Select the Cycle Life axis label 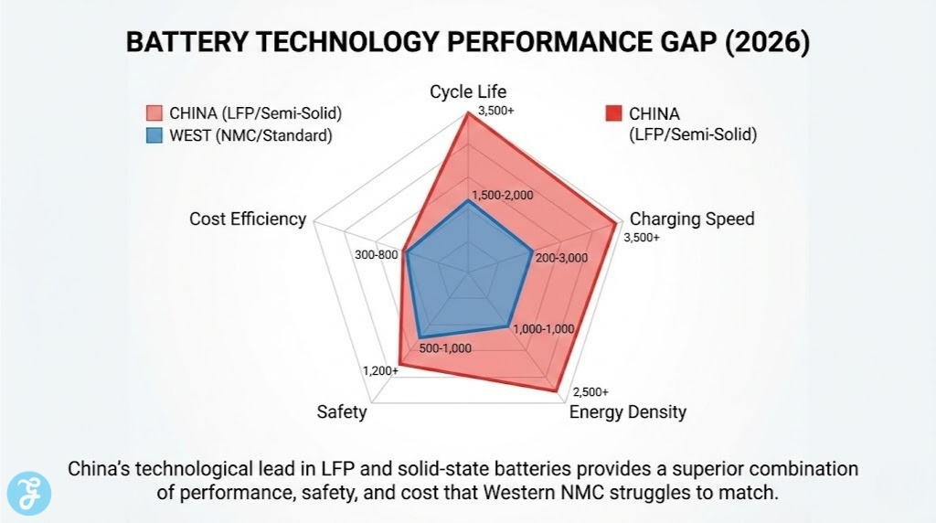(468, 91)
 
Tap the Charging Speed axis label (692, 219)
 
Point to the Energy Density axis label (627, 411)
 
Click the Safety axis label (342, 411)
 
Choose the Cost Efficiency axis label (248, 219)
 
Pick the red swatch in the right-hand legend (613, 114)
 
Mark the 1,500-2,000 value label (502, 196)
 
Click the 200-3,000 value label (561, 258)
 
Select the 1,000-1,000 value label (543, 329)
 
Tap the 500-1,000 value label (445, 347)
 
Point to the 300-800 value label (376, 254)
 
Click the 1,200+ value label (380, 370)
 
